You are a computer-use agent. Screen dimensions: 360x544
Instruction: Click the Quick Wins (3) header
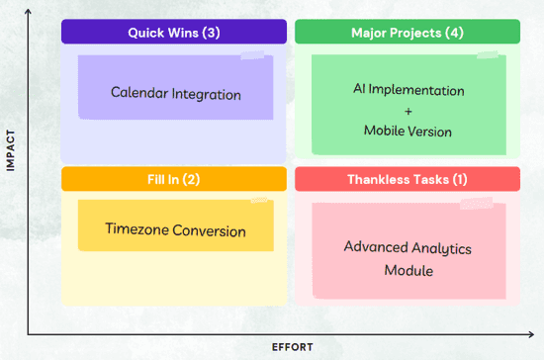174,33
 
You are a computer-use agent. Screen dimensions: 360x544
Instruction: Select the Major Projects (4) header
408,33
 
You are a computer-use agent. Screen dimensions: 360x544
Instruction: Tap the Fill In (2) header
174,179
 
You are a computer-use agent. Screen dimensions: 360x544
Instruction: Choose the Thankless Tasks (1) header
408,179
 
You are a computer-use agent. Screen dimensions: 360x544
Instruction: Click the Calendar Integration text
175,95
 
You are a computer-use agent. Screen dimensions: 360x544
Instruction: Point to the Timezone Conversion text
175,230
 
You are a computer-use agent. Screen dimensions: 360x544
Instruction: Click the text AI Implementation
408,90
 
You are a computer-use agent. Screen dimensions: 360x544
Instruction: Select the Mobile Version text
408,131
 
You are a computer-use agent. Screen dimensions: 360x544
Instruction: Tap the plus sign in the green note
408,111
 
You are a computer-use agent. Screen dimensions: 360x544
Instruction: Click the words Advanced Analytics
408,247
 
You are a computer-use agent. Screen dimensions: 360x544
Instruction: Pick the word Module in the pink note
408,270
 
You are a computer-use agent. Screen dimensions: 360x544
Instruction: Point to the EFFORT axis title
294,347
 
